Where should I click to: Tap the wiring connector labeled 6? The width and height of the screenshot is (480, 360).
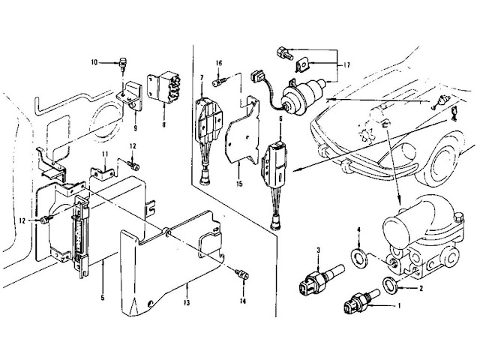pyautogui.click(x=275, y=163)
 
